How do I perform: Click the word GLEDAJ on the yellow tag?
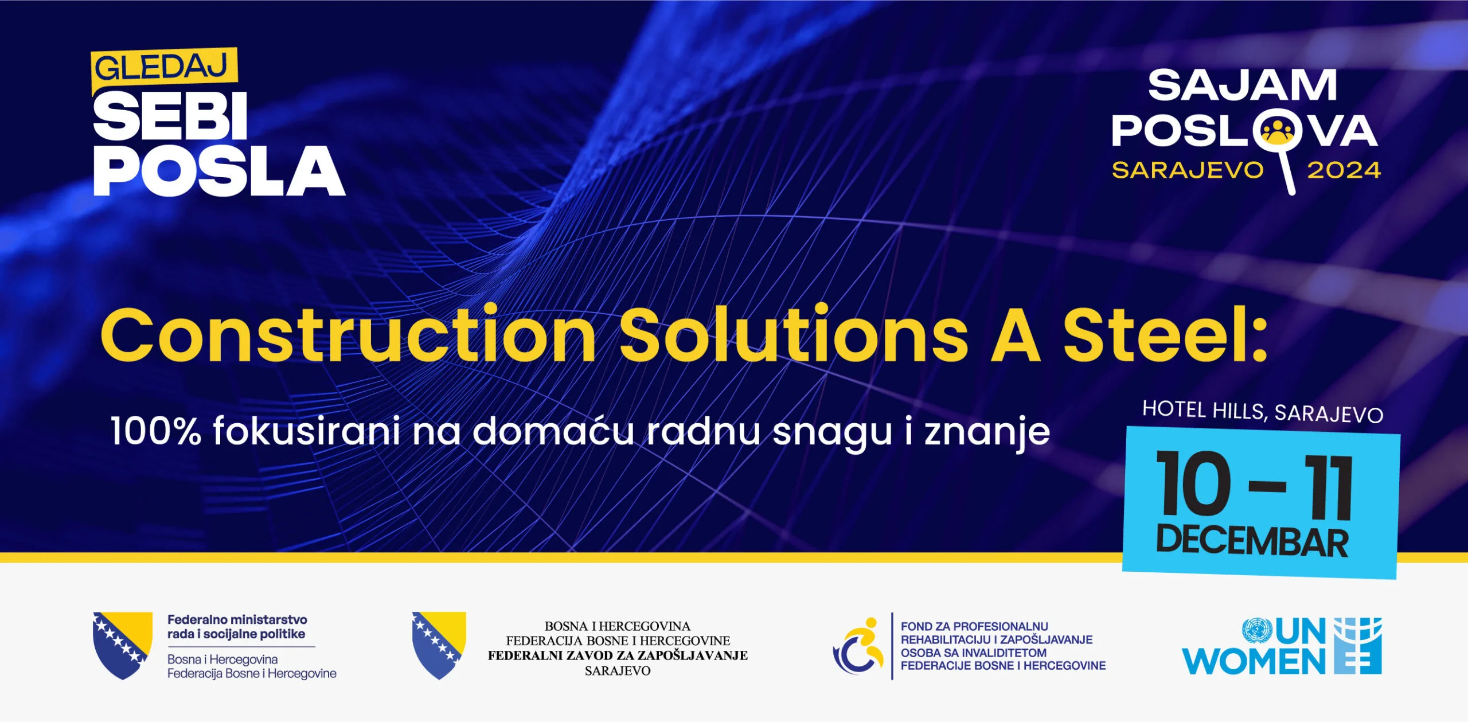(x=162, y=68)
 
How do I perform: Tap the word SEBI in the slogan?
(x=170, y=116)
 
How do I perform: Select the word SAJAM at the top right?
(x=1242, y=86)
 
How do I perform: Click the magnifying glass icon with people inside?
(x=1276, y=133)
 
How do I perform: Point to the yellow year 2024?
(x=1344, y=171)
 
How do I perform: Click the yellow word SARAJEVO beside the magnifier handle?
(x=1188, y=171)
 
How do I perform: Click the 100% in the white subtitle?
(x=156, y=431)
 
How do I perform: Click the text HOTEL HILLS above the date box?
(x=1203, y=410)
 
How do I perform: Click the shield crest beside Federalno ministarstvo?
(x=123, y=645)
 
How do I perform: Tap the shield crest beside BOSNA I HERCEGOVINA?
(x=439, y=645)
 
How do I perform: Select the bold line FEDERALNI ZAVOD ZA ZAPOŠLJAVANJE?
(x=618, y=655)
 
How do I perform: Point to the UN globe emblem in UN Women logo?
(x=1257, y=631)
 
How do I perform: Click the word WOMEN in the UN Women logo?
(x=1254, y=662)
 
